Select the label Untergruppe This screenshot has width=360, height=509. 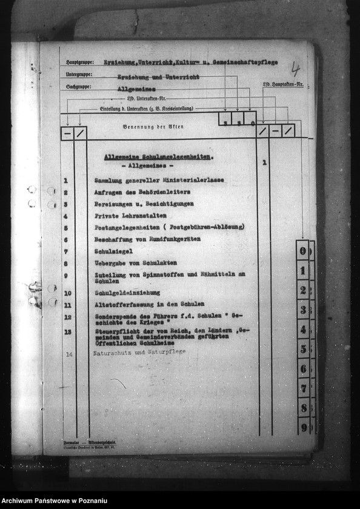[79, 75]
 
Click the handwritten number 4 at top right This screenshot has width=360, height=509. [295, 68]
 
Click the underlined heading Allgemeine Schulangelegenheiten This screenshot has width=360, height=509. [158, 156]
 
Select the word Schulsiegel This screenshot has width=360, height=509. [113, 251]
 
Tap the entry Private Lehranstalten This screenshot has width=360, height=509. [128, 216]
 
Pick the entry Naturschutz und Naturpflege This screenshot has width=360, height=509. [139, 351]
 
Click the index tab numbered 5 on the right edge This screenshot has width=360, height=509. [303, 349]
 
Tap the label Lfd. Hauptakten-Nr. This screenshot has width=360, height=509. [282, 85]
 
